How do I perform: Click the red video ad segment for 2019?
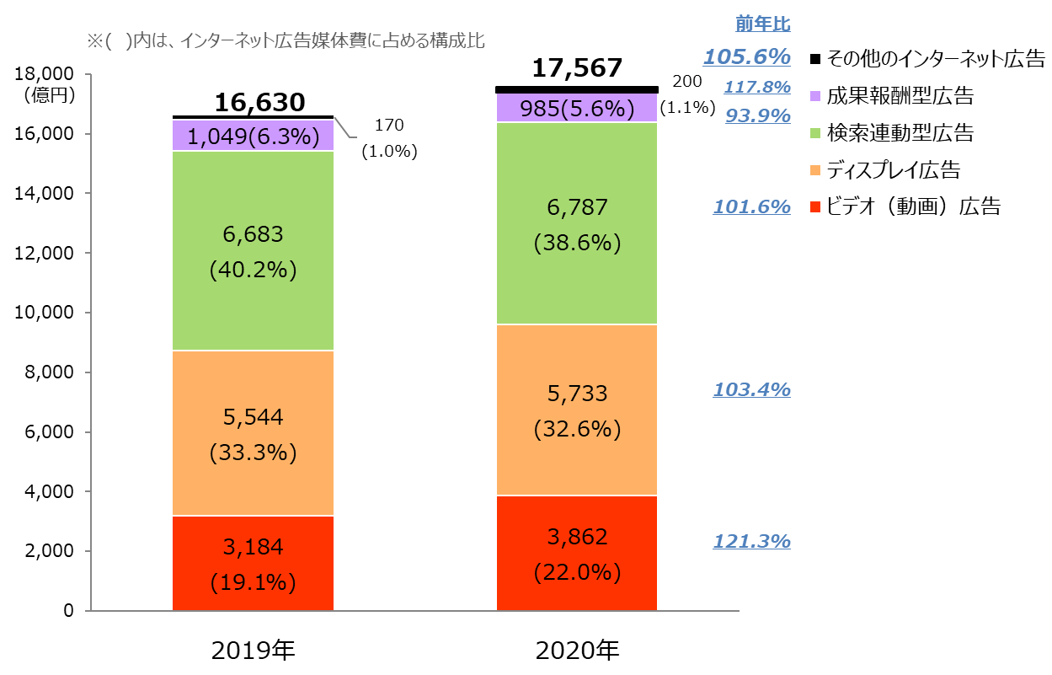click(x=253, y=562)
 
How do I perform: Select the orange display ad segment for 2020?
click(x=577, y=410)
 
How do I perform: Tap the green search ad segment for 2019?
click(x=253, y=250)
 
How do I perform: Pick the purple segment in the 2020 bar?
click(x=577, y=108)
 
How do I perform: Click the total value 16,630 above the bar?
click(x=259, y=103)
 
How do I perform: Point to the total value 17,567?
click(x=577, y=68)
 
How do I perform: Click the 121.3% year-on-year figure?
click(x=751, y=541)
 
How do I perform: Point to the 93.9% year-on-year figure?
click(x=758, y=115)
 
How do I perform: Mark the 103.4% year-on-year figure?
click(x=751, y=389)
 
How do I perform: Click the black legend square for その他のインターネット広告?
click(x=814, y=59)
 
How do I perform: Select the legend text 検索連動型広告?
click(x=900, y=133)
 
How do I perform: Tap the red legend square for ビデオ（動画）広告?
click(x=814, y=206)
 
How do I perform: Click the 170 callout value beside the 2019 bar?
click(x=389, y=126)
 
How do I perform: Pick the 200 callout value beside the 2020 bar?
click(x=686, y=81)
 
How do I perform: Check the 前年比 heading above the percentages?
click(x=762, y=24)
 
